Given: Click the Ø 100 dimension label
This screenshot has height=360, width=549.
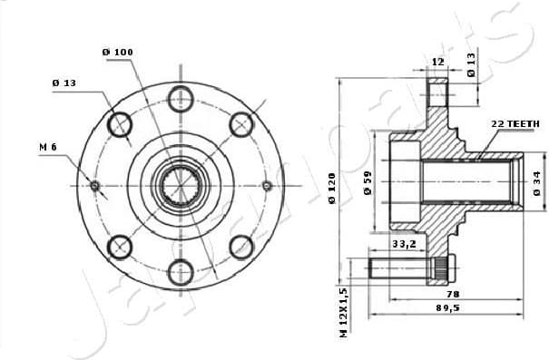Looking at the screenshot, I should [118, 53].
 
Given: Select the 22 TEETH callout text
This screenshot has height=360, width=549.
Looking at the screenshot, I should [515, 122].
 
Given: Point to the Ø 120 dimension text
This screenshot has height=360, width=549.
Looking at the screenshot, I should [334, 187].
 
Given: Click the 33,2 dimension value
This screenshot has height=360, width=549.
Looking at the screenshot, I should [404, 243].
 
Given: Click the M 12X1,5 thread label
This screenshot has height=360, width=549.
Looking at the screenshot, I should [344, 314].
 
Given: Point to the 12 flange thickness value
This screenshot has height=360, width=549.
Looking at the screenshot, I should [437, 61].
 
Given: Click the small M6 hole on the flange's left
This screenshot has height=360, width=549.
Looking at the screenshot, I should [95, 186].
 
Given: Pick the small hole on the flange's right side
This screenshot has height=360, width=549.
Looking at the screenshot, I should [267, 186].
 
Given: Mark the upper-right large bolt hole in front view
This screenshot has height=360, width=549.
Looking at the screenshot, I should [241, 124].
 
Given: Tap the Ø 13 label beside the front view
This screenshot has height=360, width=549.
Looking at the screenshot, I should [64, 83].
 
